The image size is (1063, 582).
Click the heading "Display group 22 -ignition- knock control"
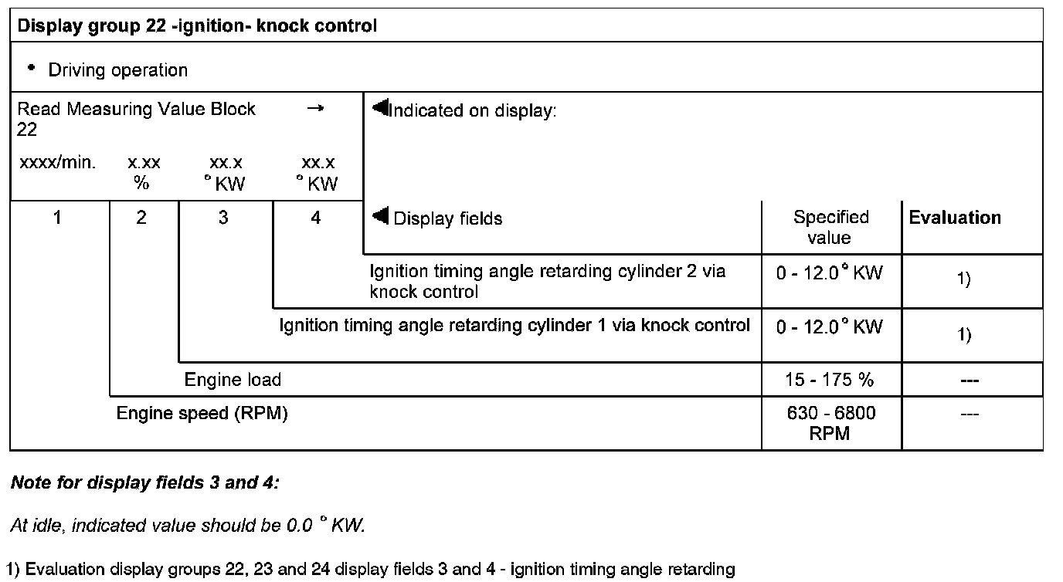tap(197, 26)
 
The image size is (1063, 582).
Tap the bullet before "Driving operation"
tap(32, 68)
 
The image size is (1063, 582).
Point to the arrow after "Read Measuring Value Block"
tap(314, 109)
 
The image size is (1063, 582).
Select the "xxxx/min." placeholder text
tap(56, 163)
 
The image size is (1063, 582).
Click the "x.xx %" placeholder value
tap(144, 173)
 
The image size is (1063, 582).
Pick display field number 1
tap(57, 218)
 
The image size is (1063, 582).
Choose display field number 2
tap(141, 218)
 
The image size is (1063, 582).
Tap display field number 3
tap(223, 218)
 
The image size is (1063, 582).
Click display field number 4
tap(315, 218)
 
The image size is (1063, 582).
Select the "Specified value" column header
tap(830, 227)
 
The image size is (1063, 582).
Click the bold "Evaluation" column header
tap(955, 218)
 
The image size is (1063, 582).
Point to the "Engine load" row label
tap(233, 380)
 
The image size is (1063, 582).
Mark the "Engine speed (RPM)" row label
tap(202, 414)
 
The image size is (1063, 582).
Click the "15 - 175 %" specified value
tap(830, 380)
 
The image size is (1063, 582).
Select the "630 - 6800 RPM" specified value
tap(830, 423)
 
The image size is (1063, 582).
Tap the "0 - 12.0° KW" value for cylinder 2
tap(830, 273)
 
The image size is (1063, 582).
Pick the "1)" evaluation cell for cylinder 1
tap(964, 335)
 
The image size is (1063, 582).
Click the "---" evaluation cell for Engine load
tap(970, 380)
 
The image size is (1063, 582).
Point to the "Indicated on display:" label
tap(471, 111)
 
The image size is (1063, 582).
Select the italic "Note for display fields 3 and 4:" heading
tap(144, 483)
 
